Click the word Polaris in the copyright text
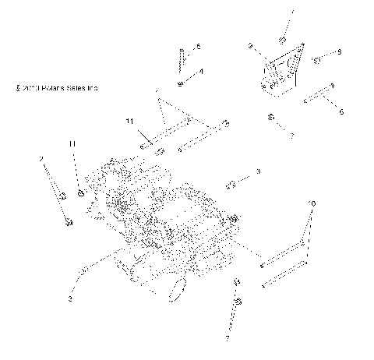[x=57, y=88]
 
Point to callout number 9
[x=251, y=46]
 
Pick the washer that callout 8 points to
[x=317, y=59]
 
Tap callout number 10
[x=312, y=203]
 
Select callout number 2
[x=41, y=159]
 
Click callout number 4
[x=201, y=72]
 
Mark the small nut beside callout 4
[x=181, y=82]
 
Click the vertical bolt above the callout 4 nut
[x=180, y=58]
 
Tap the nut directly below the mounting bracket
[x=271, y=117]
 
